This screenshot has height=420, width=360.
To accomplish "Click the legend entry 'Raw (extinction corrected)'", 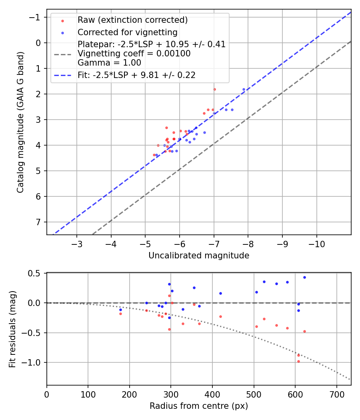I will (132, 20).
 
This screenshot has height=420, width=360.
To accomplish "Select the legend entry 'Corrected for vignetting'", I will (127, 32).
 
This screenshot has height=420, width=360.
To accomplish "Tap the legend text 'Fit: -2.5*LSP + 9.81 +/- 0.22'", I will (136, 75).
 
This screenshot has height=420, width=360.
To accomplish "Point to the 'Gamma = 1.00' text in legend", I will (109, 63).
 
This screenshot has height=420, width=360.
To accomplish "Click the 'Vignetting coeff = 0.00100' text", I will (134, 54).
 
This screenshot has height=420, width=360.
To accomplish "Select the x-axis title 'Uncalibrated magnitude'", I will (199, 256).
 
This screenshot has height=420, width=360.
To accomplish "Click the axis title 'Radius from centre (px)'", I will (199, 406).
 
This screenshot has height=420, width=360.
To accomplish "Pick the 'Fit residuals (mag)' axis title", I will (12, 329).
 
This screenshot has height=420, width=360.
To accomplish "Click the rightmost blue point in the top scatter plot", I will (244, 89).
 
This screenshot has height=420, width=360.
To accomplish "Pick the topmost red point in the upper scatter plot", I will (214, 89).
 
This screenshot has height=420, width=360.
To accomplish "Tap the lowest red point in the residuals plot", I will (298, 361).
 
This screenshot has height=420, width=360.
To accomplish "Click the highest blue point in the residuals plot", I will (304, 277).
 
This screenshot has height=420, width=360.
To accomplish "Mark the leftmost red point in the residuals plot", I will (120, 314).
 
